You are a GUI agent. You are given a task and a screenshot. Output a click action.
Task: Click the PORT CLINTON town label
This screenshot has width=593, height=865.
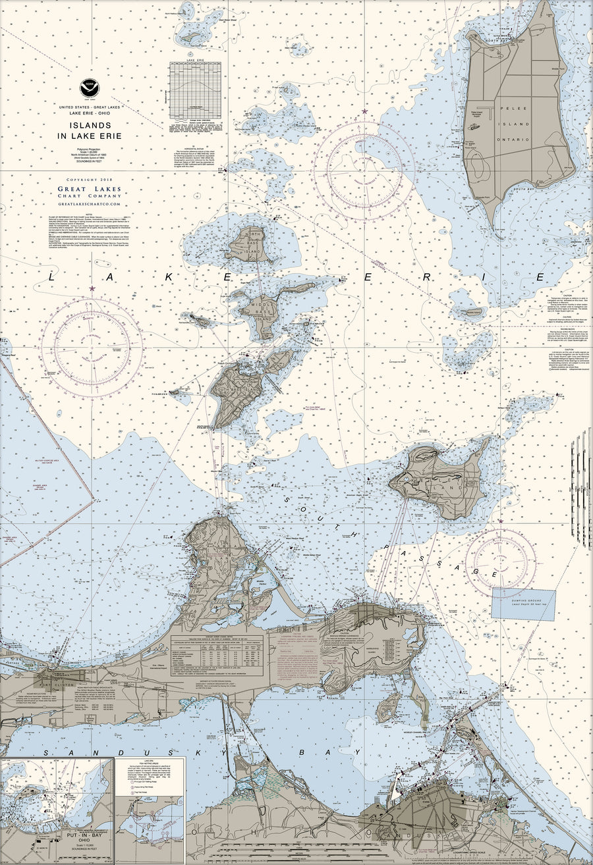click(x=59, y=683)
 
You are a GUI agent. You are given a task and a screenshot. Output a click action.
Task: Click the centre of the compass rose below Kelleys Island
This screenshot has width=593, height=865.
click(x=501, y=563)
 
